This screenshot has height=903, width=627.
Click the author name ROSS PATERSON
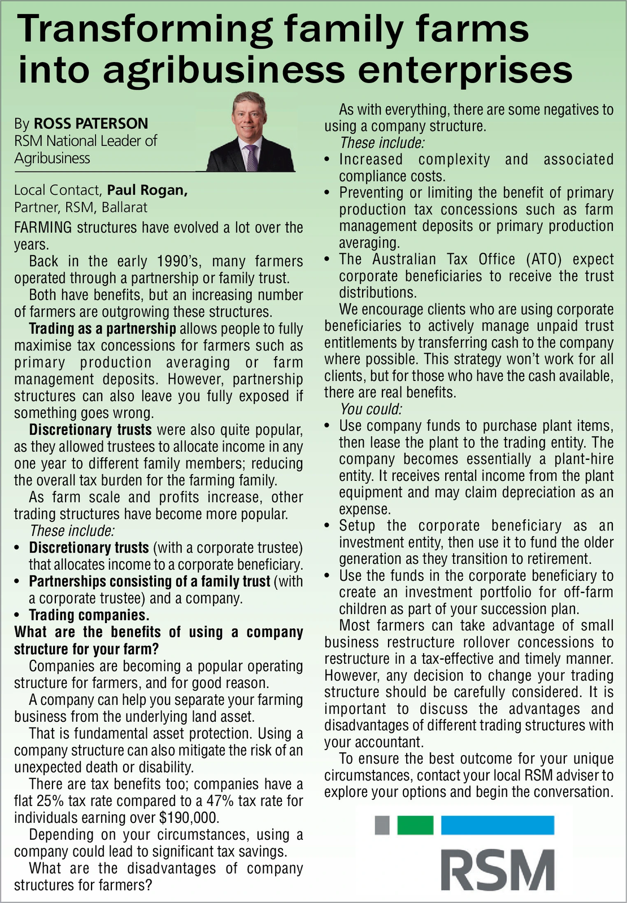click(x=90, y=124)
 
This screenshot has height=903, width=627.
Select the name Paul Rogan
click(x=147, y=190)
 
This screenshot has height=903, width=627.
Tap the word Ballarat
click(x=124, y=207)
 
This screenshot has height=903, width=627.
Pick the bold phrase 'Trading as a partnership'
click(x=102, y=328)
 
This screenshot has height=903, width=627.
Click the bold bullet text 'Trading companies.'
click(x=89, y=615)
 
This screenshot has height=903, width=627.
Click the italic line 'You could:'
click(x=371, y=409)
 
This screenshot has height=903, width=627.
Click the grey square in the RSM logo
click(x=382, y=825)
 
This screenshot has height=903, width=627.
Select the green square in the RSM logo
click(x=415, y=825)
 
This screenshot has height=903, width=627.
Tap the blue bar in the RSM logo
click(x=497, y=825)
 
